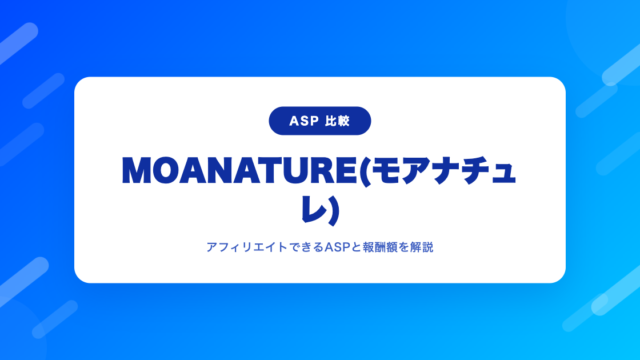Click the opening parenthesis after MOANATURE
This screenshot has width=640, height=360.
click(364, 171)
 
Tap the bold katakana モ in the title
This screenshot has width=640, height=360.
click(386, 171)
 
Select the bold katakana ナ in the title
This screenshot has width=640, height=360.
click(447, 171)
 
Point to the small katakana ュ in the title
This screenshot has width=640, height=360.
click(504, 174)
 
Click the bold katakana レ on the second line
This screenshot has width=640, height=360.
click(313, 209)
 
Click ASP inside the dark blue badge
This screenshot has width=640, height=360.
click(304, 121)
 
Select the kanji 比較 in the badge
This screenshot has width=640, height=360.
click(338, 121)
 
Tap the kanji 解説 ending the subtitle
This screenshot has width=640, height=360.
click(422, 247)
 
